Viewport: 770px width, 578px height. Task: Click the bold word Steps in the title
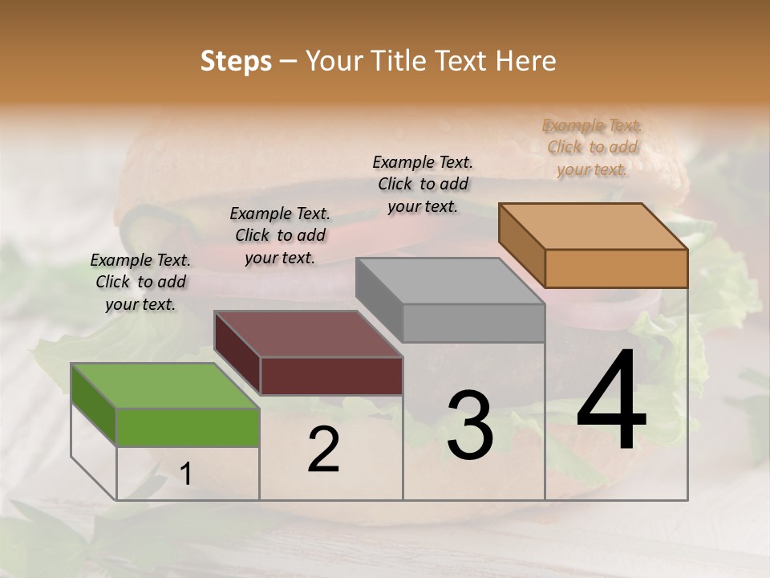coord(236,61)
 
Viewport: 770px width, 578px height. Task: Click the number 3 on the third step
coord(469,425)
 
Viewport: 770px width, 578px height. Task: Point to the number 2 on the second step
coord(323,450)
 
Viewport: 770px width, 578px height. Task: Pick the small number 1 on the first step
coord(185,474)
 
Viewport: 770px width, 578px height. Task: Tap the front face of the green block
coord(188,427)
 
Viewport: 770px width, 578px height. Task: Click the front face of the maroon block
coord(331,376)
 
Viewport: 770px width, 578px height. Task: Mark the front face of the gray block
coord(473,323)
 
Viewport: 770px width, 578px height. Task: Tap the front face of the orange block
coord(616,268)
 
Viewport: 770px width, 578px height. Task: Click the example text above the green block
coord(140,282)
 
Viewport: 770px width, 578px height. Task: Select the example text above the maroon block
coord(280,235)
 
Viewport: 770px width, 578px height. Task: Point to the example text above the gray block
coord(423,184)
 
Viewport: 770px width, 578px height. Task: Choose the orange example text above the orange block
coord(592,147)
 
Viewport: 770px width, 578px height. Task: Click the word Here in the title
coord(526,61)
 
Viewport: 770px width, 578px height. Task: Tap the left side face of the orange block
coord(521,244)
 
